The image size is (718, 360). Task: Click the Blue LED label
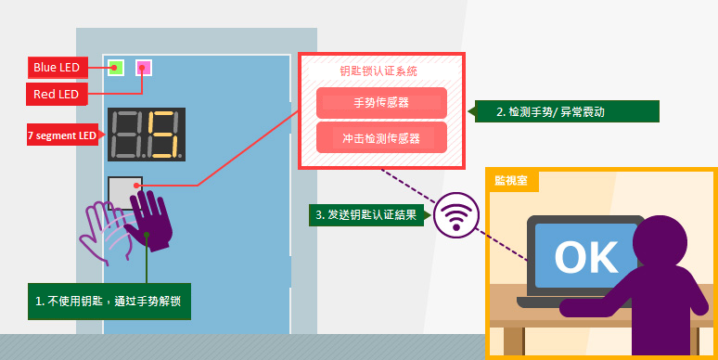pyautogui.click(x=58, y=68)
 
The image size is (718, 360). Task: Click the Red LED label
pyautogui.click(x=57, y=94)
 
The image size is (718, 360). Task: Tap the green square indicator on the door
pyautogui.click(x=116, y=68)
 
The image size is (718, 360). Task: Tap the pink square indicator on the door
pyautogui.click(x=144, y=68)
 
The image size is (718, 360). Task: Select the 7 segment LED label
pyautogui.click(x=62, y=135)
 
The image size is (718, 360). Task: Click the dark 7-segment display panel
pyautogui.click(x=147, y=135)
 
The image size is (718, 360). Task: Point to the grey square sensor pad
pyautogui.click(x=124, y=193)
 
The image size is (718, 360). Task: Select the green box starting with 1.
pyautogui.click(x=109, y=302)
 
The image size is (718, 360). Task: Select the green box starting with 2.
pyautogui.click(x=567, y=111)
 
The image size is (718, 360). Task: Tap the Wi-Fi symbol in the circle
pyautogui.click(x=456, y=215)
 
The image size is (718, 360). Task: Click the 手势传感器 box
pyautogui.click(x=381, y=103)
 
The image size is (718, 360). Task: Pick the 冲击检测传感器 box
pyautogui.click(x=381, y=138)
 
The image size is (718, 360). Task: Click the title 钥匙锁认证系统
pyautogui.click(x=378, y=71)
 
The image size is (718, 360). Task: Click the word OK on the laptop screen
pyautogui.click(x=586, y=257)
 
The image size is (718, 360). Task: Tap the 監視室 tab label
pyautogui.click(x=511, y=180)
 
